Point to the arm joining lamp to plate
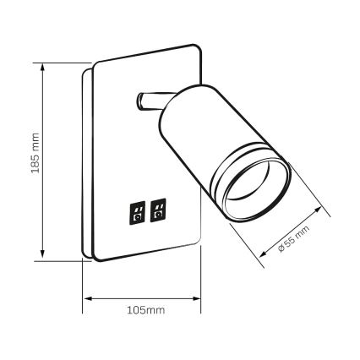148,103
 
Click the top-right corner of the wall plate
199,48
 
